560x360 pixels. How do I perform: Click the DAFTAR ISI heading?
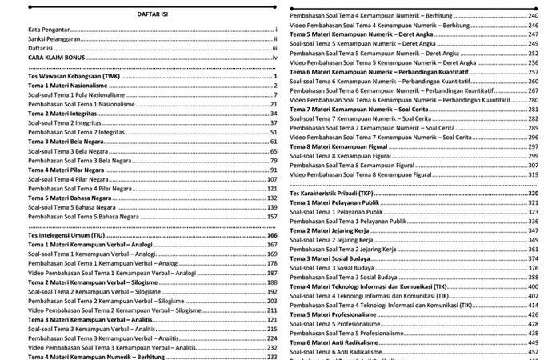[x=152, y=15]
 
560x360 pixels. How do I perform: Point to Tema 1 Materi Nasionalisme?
[x=66, y=86]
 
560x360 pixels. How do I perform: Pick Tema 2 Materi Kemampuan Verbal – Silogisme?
[x=89, y=283]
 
